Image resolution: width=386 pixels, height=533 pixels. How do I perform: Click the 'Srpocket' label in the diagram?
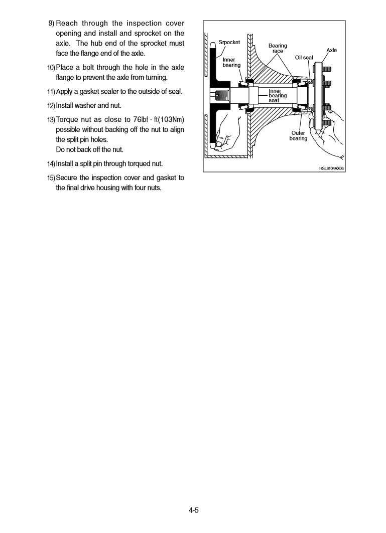pyautogui.click(x=229, y=43)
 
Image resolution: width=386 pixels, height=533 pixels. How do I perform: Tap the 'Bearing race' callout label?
pyautogui.click(x=278, y=48)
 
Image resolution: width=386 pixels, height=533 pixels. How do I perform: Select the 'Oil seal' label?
pyautogui.click(x=304, y=58)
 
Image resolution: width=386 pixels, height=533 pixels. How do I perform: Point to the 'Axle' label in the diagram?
pyautogui.click(x=332, y=51)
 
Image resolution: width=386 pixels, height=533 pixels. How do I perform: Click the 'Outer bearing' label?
pyautogui.click(x=298, y=136)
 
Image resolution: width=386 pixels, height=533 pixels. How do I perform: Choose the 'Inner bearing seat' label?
pyautogui.click(x=278, y=95)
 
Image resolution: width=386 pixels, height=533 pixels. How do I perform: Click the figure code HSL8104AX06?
pyautogui.click(x=331, y=168)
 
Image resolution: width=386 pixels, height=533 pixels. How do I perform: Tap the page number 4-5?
pyautogui.click(x=194, y=510)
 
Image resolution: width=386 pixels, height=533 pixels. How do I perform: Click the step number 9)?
pyautogui.click(x=51, y=24)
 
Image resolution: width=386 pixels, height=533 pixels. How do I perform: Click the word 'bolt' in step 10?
pyautogui.click(x=94, y=68)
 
